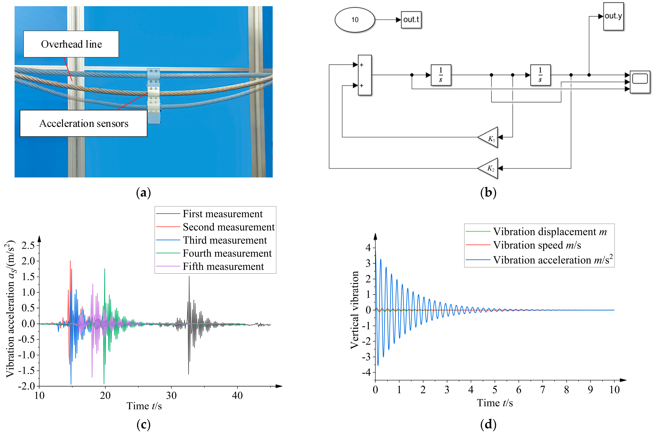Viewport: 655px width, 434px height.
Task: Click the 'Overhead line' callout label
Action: tap(71, 44)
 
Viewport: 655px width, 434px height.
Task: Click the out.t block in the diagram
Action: tap(411, 20)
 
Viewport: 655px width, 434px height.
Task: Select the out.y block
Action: tap(613, 16)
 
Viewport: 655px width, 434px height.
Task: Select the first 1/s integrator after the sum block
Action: tap(441, 75)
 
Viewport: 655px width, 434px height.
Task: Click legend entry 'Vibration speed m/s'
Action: tap(537, 245)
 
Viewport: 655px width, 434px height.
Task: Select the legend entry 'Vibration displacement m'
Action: tap(550, 231)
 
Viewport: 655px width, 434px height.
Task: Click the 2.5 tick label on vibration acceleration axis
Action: tap(28, 245)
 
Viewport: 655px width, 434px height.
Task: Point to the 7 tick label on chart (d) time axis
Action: tap(542, 390)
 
